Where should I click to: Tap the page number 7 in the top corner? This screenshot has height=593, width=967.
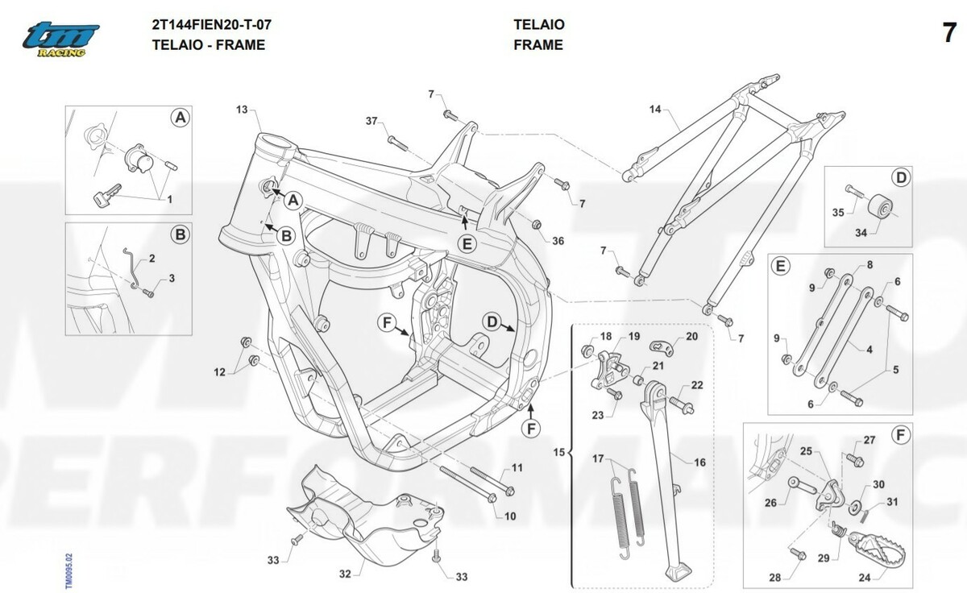(x=948, y=35)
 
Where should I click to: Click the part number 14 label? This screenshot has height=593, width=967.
(x=654, y=108)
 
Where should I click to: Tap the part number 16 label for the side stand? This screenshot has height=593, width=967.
(x=699, y=462)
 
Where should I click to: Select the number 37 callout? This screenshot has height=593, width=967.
(x=371, y=121)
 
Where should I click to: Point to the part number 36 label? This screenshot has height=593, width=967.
(x=558, y=241)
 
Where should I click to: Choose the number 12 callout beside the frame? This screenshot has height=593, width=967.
(x=219, y=371)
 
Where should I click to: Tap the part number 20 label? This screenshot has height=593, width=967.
(x=691, y=337)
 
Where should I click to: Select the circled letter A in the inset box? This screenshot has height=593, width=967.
(x=181, y=118)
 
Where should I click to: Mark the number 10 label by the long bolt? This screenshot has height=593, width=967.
(x=511, y=516)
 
